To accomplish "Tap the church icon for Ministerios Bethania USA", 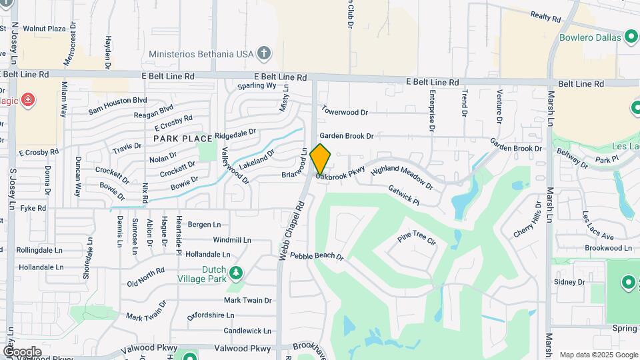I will coord(264,53).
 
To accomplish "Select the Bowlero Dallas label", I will coord(591,37).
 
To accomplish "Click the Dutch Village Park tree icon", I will coord(235,273).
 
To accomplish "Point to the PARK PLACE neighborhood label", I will coord(183,139).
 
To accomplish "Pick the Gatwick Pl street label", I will coord(403,195).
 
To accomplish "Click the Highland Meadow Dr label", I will coord(402,177).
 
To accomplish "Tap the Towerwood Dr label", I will coord(345,111).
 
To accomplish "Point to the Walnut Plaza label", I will coord(44,29).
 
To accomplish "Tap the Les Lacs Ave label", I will coord(597,226).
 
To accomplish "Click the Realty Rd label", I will coord(548,15).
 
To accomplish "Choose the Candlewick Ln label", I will coord(247,331).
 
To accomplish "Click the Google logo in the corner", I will coord(22,351).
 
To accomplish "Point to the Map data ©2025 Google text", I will coord(598,355).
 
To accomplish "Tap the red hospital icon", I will coord(28,101).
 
